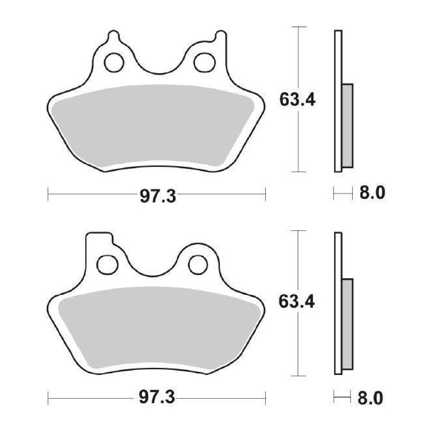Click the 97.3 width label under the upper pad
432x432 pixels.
click(158, 196)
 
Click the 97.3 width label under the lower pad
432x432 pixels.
click(157, 398)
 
